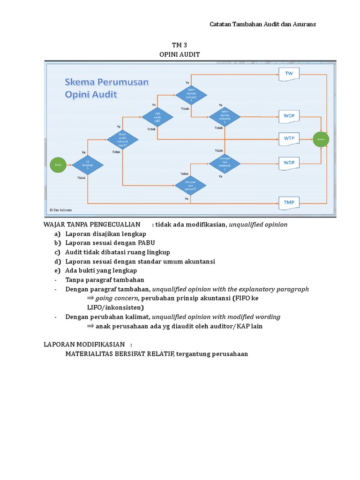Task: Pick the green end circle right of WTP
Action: point(321,139)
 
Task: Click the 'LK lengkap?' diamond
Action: point(87,165)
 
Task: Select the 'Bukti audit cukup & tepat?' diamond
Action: point(122,139)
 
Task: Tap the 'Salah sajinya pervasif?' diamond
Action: point(192,95)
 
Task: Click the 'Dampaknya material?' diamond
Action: point(225,163)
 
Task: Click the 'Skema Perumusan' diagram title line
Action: point(106,82)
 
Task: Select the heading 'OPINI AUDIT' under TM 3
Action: point(180,54)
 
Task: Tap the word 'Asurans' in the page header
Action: point(303,24)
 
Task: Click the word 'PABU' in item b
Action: point(145,243)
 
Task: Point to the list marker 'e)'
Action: point(57,270)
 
